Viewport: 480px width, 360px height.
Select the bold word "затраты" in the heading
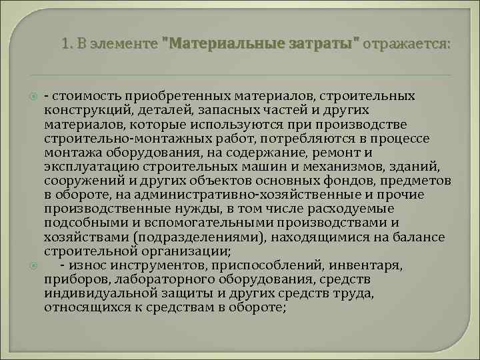(x=326, y=45)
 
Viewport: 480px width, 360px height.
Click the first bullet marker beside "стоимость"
(x=33, y=97)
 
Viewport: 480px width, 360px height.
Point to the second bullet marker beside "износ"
(x=33, y=266)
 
